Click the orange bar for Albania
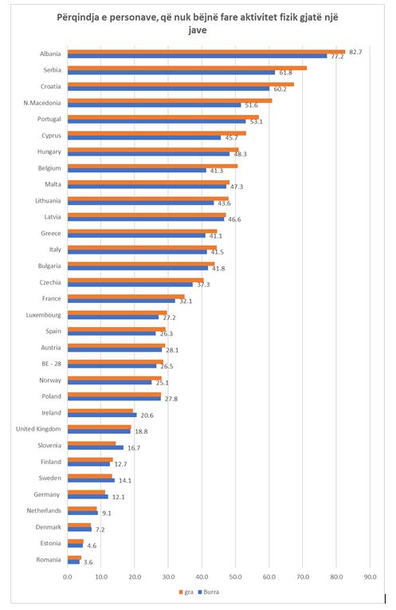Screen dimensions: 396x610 point(206,52)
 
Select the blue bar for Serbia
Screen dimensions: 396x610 point(171,73)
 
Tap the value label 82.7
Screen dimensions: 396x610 point(355,52)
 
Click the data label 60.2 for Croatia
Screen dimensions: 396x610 point(280,89)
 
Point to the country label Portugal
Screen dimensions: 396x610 point(49,119)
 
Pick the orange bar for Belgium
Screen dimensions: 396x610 point(153,166)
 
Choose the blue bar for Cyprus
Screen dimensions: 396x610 point(144,138)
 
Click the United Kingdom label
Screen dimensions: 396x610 point(38,429)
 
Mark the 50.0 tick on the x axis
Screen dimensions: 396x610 point(236,577)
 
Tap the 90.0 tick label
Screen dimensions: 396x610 point(370,577)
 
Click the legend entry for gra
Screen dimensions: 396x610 point(186,592)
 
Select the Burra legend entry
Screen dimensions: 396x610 point(209,592)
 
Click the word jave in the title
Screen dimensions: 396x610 point(198,30)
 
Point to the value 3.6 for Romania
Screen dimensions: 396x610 point(88,562)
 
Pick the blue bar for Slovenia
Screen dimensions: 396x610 point(96,447)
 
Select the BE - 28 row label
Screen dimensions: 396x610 point(51,364)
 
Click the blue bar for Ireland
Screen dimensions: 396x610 point(102,415)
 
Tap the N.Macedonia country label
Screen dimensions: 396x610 point(42,103)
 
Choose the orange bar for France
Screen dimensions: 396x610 point(127,297)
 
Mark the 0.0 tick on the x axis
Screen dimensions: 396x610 point(68,577)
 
